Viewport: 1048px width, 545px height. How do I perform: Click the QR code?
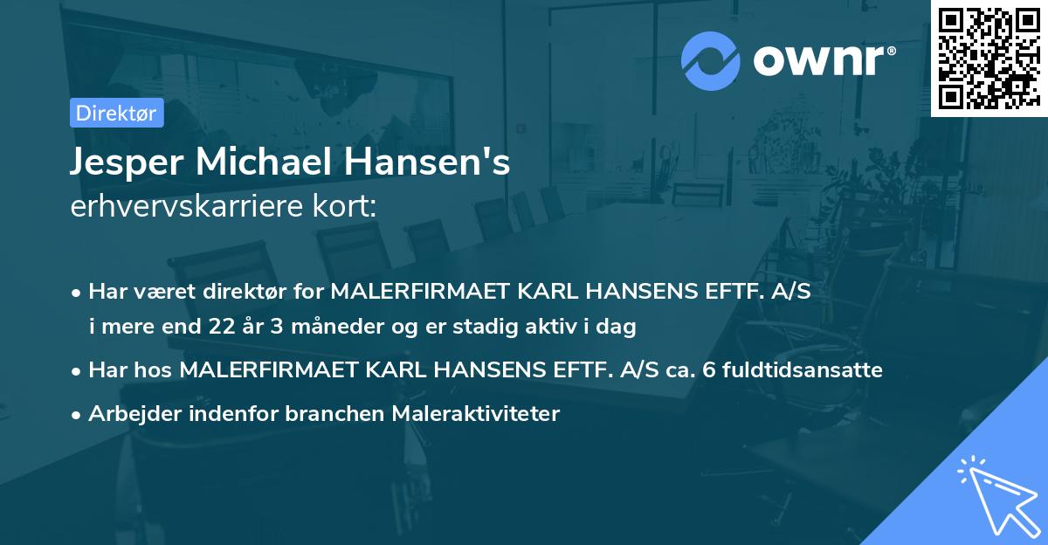click(x=989, y=59)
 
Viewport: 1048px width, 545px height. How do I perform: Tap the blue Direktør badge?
click(x=116, y=113)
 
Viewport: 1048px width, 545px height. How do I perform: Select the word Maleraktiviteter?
click(x=475, y=413)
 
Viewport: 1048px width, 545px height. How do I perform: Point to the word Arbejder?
click(x=128, y=413)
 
